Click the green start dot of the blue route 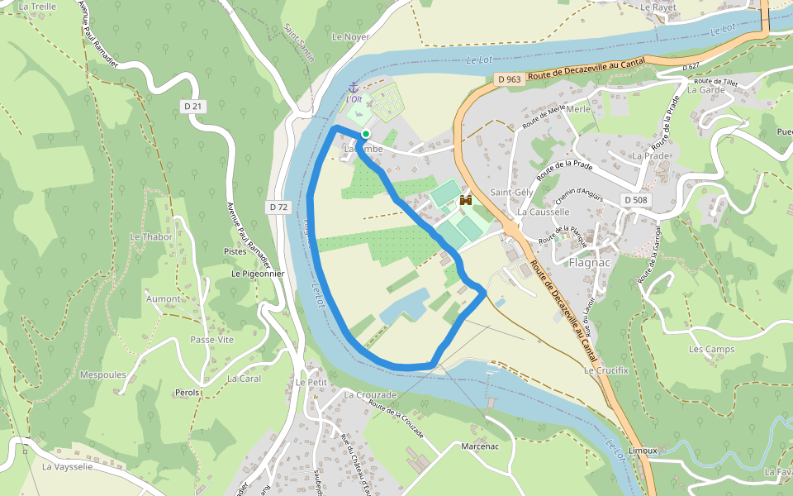pyautogui.click(x=365, y=133)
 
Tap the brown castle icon pyautogui.click(x=466, y=200)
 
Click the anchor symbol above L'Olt pyautogui.click(x=354, y=87)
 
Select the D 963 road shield pyautogui.click(x=510, y=79)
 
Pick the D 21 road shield pyautogui.click(x=192, y=106)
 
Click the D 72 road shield pyautogui.click(x=278, y=207)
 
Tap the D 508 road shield pyautogui.click(x=635, y=199)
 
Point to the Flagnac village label pyautogui.click(x=591, y=263)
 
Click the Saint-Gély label pyautogui.click(x=510, y=192)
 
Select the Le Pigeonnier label pyautogui.click(x=258, y=273)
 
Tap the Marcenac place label pyautogui.click(x=481, y=446)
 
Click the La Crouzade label pyautogui.click(x=371, y=395)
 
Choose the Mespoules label pyautogui.click(x=102, y=374)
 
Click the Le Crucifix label pyautogui.click(x=606, y=370)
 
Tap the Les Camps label pyautogui.click(x=711, y=349)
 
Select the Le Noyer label pyautogui.click(x=350, y=37)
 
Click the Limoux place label pyautogui.click(x=642, y=451)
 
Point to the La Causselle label pyautogui.click(x=544, y=212)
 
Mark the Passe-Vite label pyautogui.click(x=211, y=340)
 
